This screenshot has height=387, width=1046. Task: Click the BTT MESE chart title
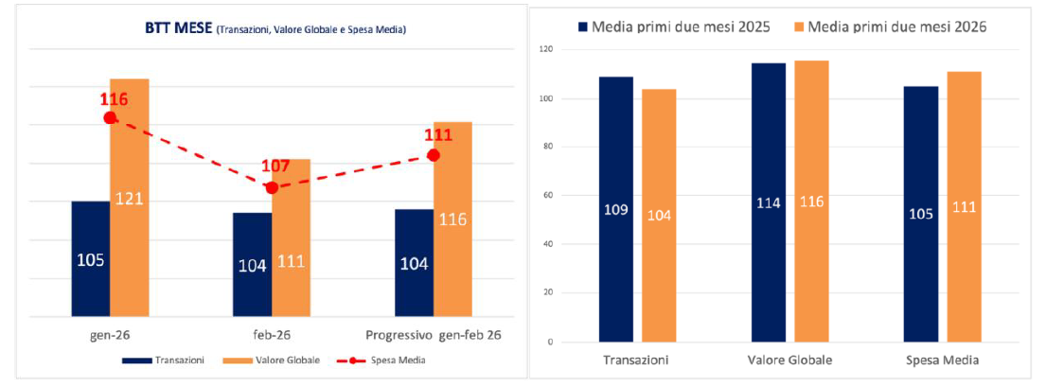click(x=269, y=29)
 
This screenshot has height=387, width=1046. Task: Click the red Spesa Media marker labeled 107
click(x=272, y=187)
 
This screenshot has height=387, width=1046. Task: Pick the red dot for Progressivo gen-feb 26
click(x=434, y=154)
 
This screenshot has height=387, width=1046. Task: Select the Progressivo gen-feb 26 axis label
click(x=432, y=335)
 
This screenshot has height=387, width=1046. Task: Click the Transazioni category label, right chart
click(x=636, y=361)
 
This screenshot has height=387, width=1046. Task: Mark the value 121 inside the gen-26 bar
click(x=129, y=199)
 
